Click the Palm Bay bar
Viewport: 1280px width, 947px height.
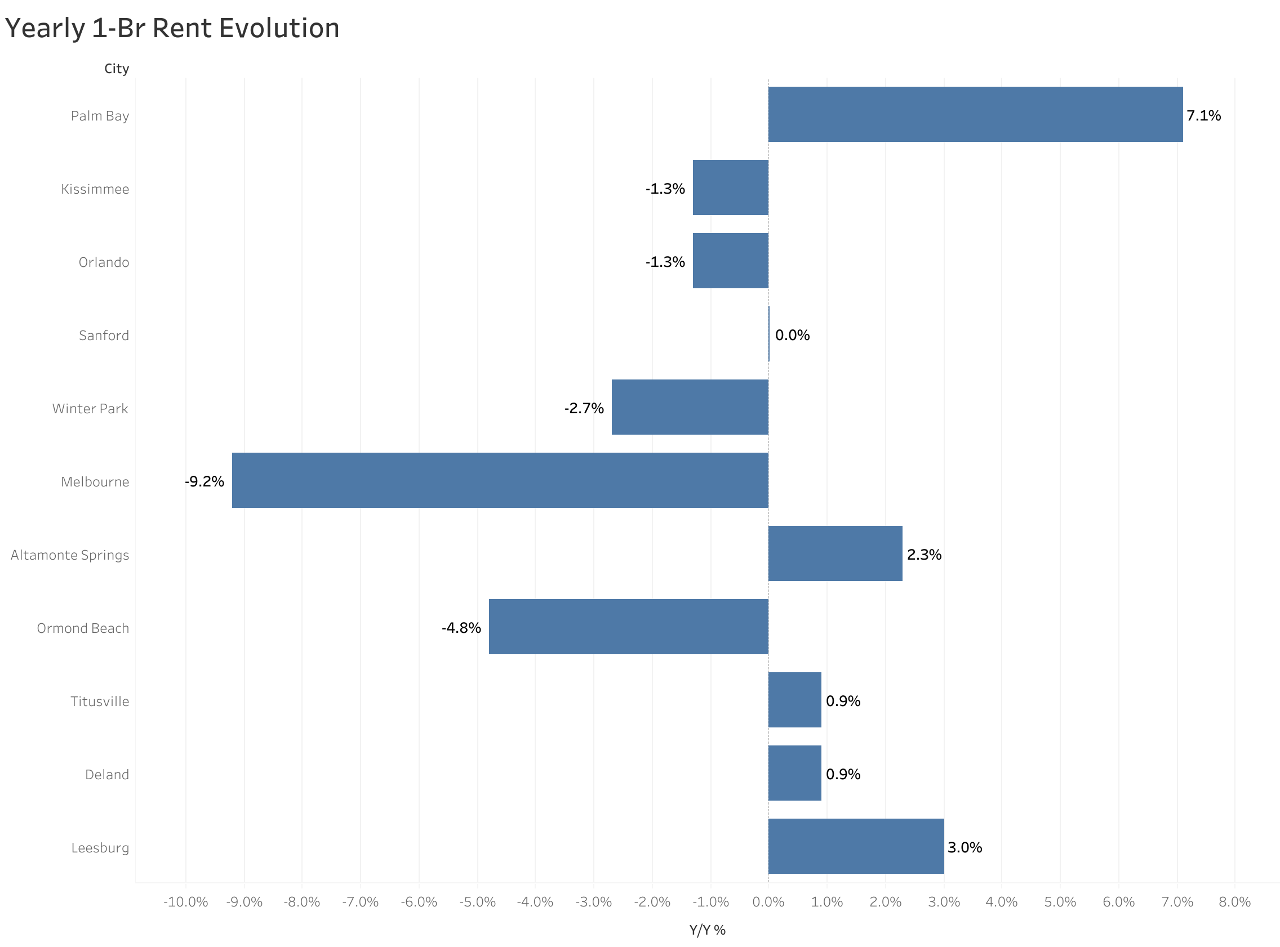pos(975,114)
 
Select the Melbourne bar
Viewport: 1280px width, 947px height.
pos(500,480)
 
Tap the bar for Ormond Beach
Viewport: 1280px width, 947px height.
pos(629,627)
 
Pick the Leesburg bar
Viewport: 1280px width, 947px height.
pos(856,846)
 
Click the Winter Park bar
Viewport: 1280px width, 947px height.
pos(690,407)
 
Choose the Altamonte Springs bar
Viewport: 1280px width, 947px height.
pos(835,553)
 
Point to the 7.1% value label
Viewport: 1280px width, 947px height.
pos(1203,116)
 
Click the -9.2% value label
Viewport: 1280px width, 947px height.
pos(204,481)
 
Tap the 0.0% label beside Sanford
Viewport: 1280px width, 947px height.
pos(792,336)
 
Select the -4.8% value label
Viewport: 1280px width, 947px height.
pos(461,628)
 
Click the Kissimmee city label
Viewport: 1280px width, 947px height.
pos(95,189)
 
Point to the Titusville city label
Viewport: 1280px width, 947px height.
pos(100,702)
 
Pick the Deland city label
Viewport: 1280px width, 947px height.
pos(106,775)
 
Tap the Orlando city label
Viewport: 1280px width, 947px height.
pos(104,262)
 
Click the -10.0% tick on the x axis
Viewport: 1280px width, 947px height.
pos(185,902)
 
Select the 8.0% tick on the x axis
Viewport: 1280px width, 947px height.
pos(1234,902)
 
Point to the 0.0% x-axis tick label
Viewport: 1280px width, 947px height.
pos(768,902)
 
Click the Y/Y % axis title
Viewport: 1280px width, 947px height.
pos(707,930)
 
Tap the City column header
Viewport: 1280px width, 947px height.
pos(117,69)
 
